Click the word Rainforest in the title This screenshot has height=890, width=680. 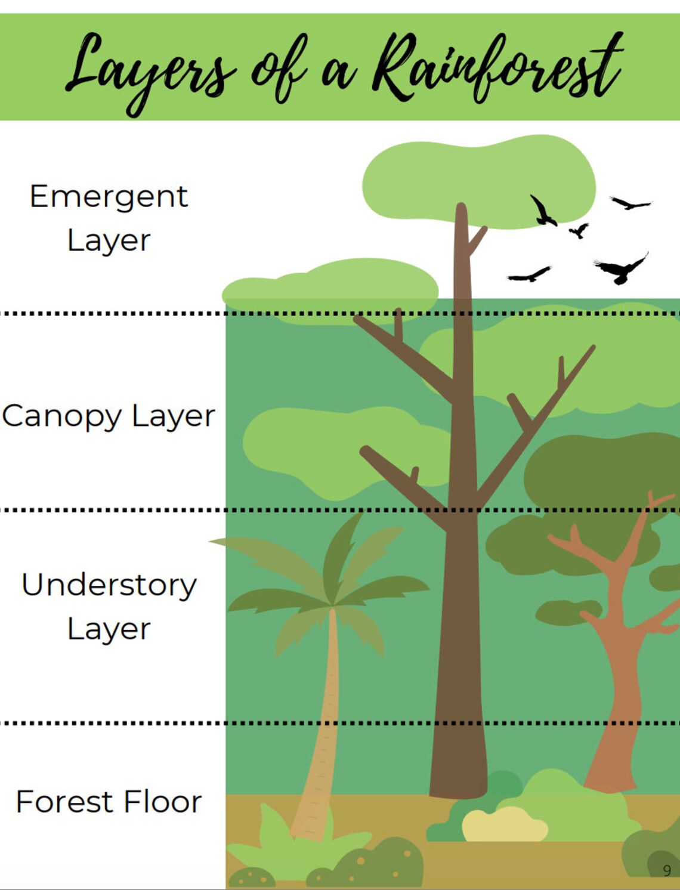(x=498, y=69)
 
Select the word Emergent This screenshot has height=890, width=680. (x=109, y=196)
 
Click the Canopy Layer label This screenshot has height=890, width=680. (x=109, y=416)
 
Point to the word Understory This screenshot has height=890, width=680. (x=109, y=585)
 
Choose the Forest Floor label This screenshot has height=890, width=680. (x=109, y=801)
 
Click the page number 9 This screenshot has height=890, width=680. (x=667, y=870)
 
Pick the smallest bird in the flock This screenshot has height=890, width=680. (x=578, y=230)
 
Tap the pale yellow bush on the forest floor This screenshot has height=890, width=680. (x=504, y=825)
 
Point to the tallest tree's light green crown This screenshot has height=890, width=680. (x=477, y=179)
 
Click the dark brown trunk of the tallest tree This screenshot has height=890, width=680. (x=459, y=656)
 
